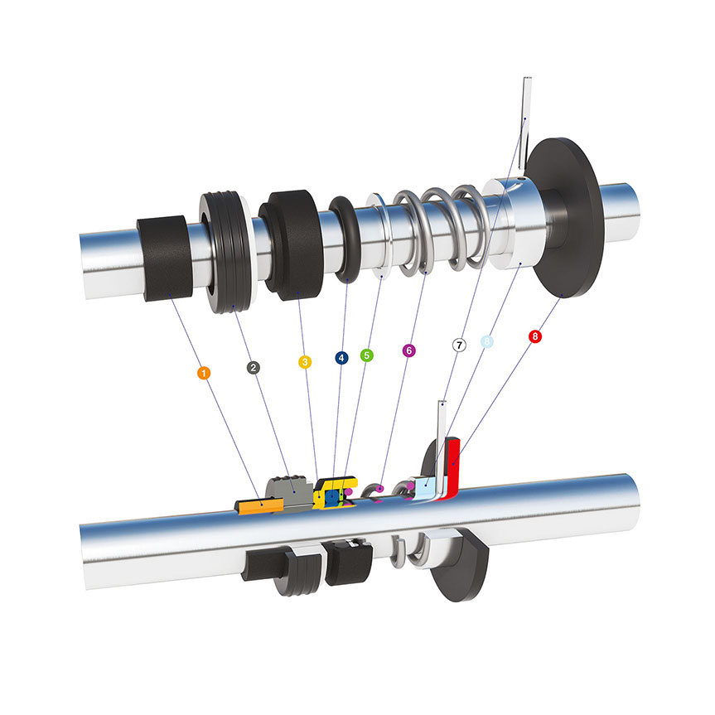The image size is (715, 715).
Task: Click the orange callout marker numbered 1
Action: click(204, 373)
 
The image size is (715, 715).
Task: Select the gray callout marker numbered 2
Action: click(253, 368)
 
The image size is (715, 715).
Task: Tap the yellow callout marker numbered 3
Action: click(305, 362)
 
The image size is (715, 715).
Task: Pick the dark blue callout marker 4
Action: click(341, 358)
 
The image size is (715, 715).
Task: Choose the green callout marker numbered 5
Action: click(367, 355)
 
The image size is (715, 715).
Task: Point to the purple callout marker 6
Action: click(409, 350)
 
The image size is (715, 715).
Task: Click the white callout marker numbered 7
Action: click(459, 345)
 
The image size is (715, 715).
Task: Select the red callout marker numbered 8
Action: click(535, 336)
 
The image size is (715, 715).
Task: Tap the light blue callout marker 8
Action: click(487, 341)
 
